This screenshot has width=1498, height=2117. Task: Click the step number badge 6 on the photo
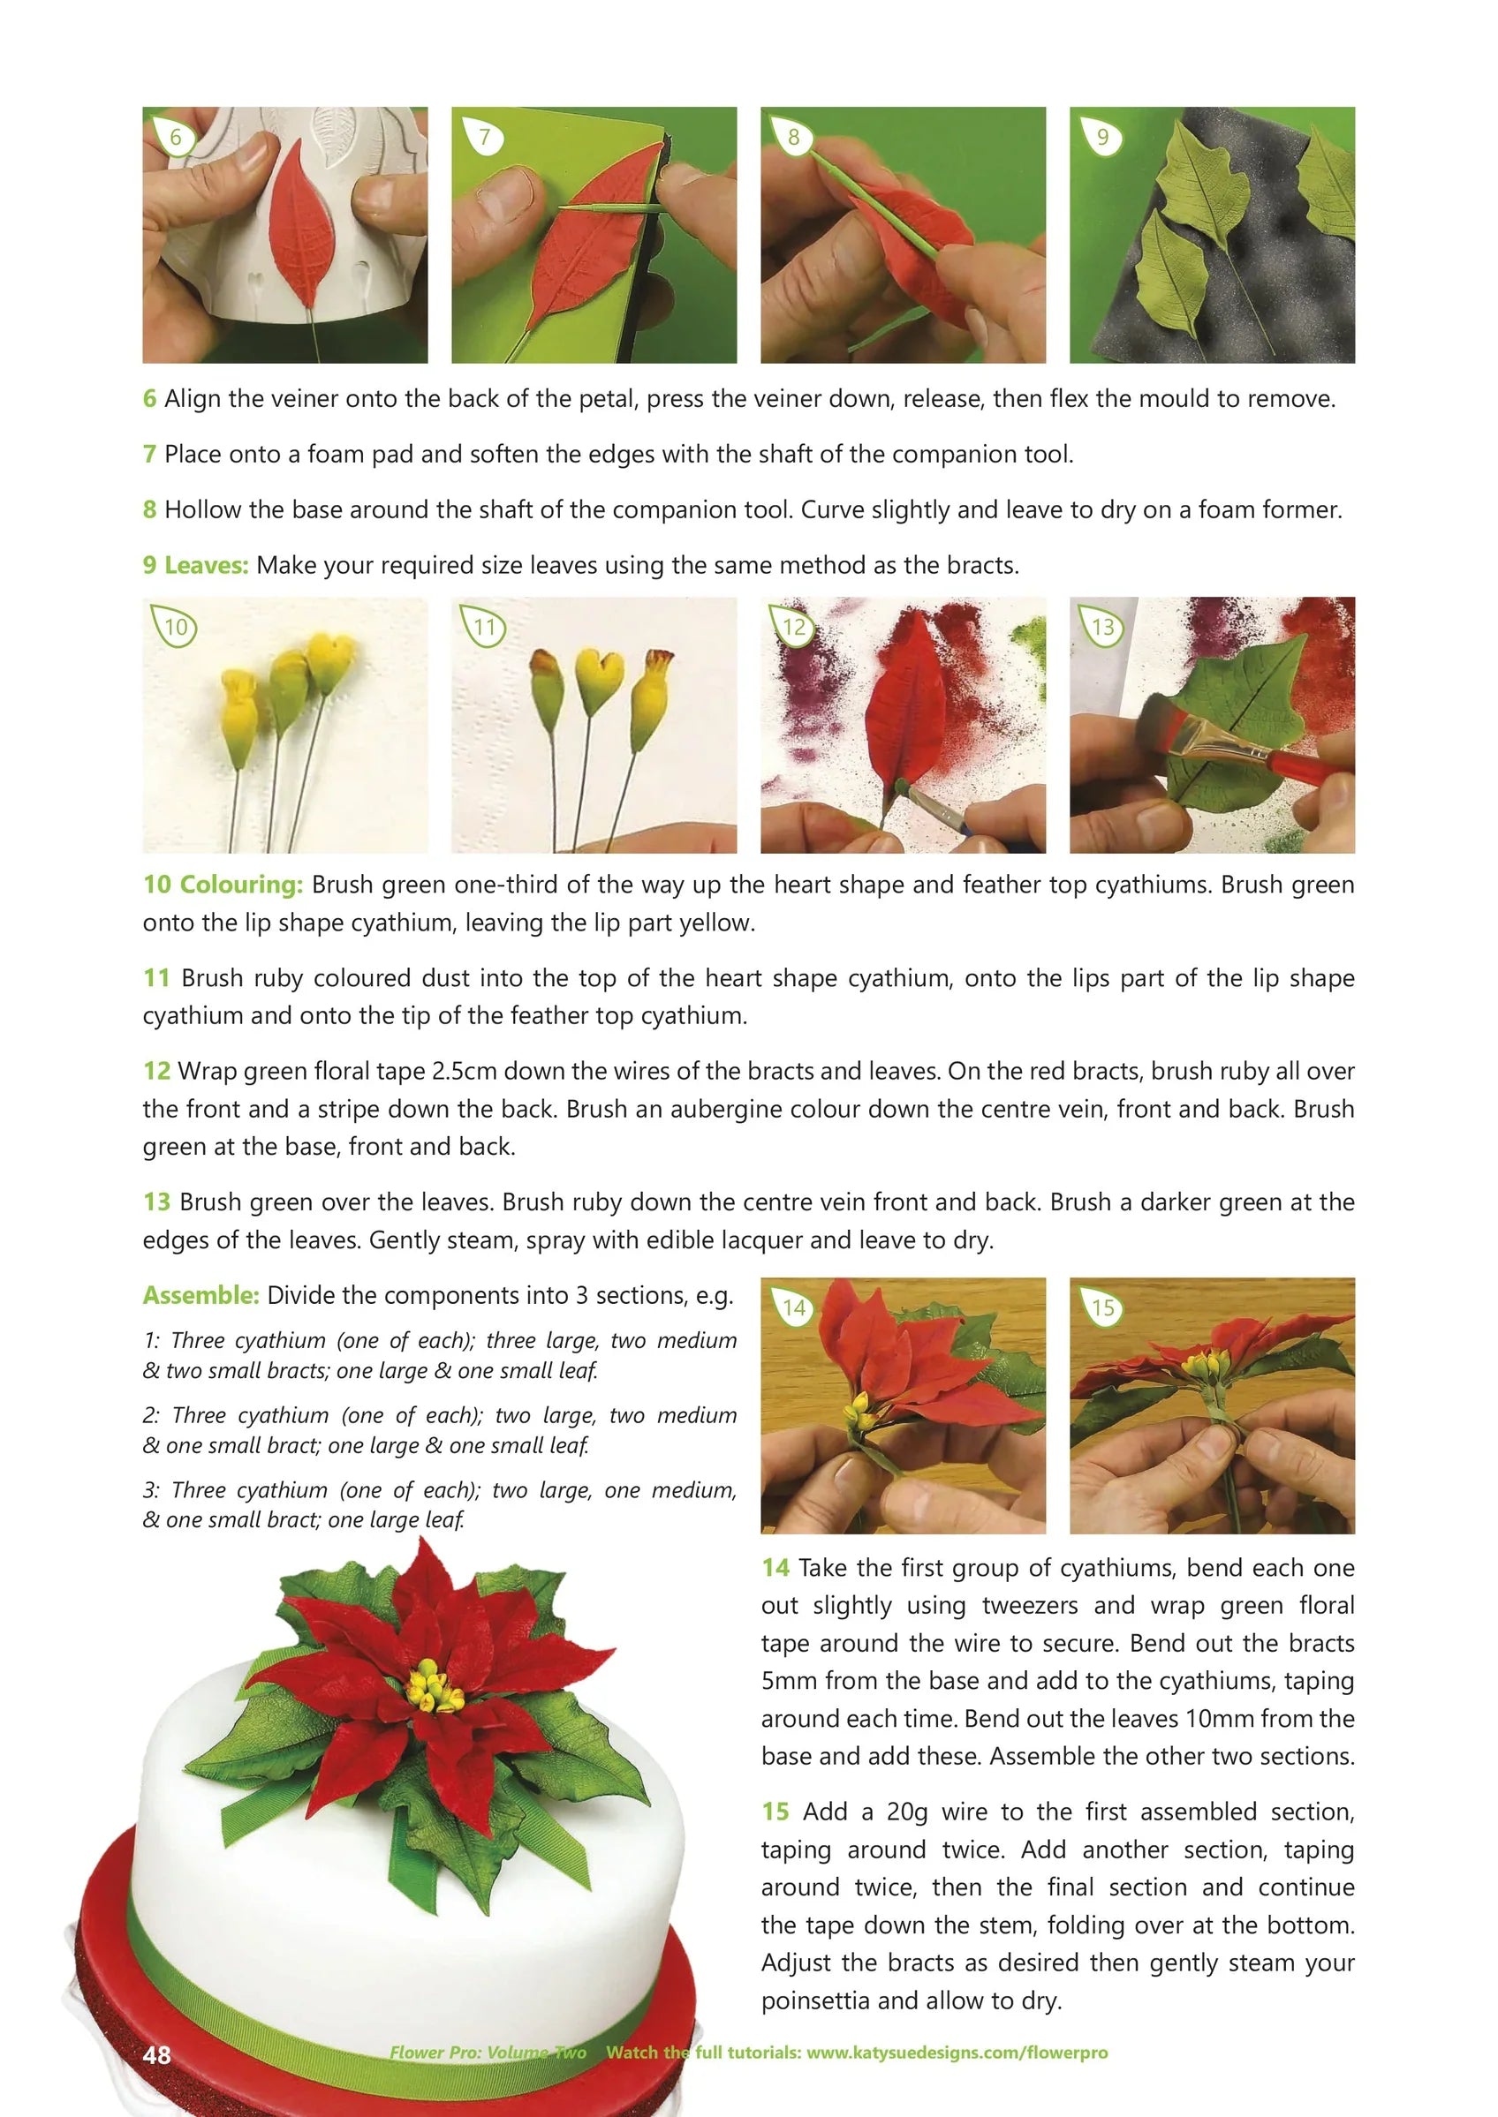174,139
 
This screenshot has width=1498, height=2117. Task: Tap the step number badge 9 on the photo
1101,139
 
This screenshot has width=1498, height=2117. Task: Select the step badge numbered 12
792,628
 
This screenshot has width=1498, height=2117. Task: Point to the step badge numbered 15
1102,1308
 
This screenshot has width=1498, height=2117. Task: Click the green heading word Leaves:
207,565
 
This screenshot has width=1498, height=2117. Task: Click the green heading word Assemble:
200,1295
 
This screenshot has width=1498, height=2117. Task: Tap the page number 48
157,2054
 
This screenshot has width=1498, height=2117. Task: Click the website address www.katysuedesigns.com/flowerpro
957,2053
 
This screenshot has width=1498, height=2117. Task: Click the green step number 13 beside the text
157,1202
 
